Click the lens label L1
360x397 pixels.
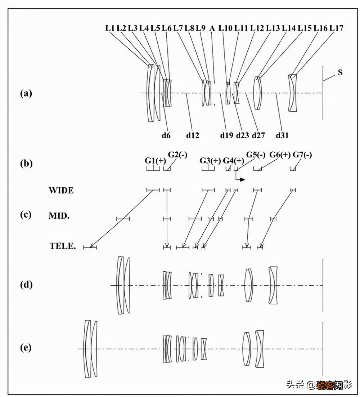110,28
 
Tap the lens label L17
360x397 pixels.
337,28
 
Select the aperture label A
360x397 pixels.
212,28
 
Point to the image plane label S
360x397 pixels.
340,72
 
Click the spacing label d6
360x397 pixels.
166,135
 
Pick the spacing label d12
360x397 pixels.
193,135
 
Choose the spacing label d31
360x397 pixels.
282,135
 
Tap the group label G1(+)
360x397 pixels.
155,161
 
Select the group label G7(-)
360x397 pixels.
302,155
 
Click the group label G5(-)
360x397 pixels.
256,155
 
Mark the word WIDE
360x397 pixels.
61,190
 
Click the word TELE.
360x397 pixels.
63,246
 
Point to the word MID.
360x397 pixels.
59,216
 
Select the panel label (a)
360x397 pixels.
26,93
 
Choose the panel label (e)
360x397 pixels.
26,348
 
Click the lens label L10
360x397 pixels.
225,28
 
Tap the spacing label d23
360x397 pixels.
243,135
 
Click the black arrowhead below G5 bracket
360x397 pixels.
243,179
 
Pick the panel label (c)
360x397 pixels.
26,215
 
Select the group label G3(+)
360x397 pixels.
210,161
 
